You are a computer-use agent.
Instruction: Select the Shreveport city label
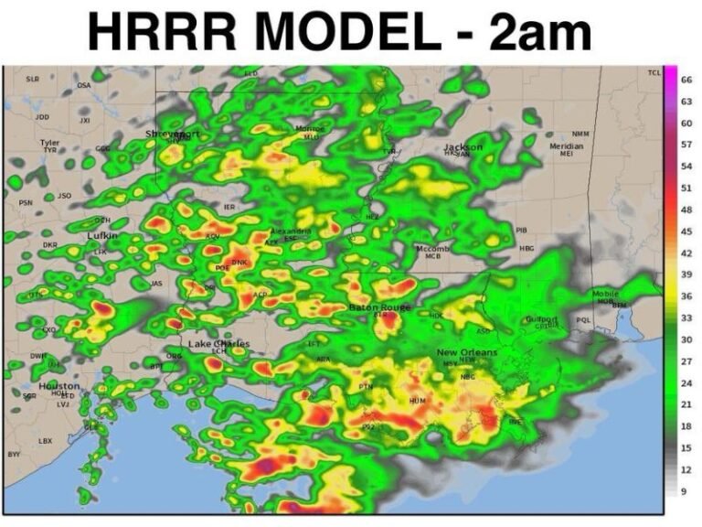click(173, 134)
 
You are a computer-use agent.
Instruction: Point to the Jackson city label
click(463, 147)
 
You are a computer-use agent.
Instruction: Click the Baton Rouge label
click(379, 307)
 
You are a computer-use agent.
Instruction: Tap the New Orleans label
click(467, 353)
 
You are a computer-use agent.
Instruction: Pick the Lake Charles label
click(219, 343)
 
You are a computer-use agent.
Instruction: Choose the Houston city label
click(58, 387)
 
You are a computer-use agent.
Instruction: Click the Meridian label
click(566, 146)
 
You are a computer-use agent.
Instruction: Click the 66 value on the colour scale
click(686, 80)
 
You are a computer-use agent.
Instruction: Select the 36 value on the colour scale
click(686, 296)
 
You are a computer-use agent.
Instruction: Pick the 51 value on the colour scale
click(686, 188)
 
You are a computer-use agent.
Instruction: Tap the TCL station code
click(654, 72)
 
